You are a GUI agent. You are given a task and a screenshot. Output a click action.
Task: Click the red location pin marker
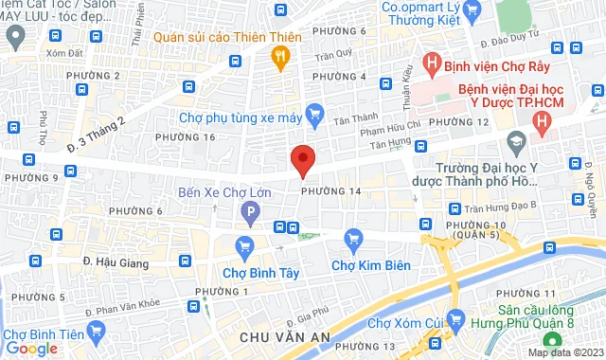302,160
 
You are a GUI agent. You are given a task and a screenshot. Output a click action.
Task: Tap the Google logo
31,349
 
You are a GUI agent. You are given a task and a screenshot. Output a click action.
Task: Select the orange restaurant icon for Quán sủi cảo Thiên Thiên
279,58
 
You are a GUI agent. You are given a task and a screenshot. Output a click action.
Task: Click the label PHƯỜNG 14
331,191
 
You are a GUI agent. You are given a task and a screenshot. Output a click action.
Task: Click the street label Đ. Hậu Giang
113,260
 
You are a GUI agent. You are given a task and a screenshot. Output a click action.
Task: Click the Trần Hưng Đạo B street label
501,205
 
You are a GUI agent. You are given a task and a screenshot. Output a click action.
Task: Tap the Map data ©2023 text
564,352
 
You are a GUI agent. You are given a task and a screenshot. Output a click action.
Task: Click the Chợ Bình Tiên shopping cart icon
94,331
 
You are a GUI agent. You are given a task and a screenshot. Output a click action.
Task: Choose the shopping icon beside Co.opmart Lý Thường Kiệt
476,11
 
